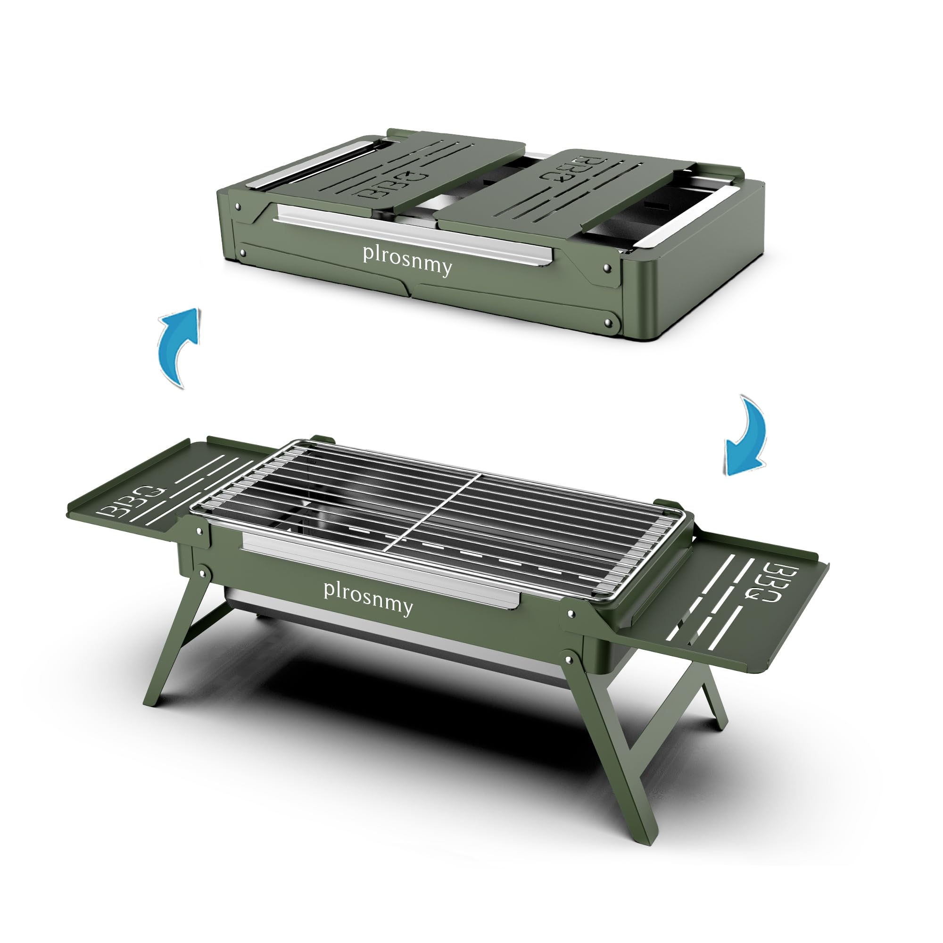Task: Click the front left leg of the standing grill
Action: tap(176, 639)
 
